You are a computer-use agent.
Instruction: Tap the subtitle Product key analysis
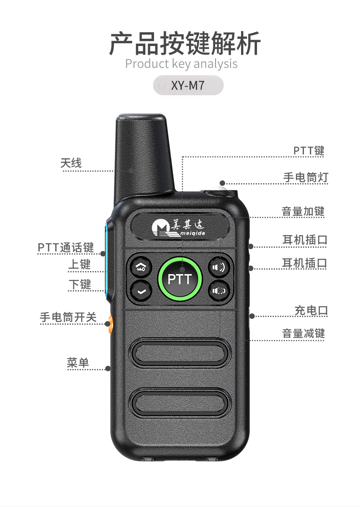tap(181, 64)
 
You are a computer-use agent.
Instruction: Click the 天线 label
tap(71, 163)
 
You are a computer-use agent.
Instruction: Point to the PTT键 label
tap(309, 151)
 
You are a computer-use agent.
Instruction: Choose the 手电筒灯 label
tap(305, 177)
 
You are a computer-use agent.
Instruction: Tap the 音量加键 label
tap(303, 211)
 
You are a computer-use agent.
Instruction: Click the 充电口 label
tap(311, 311)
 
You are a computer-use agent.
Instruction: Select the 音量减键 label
tap(303, 333)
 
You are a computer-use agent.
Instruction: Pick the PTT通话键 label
tap(66, 247)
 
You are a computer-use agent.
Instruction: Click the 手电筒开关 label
tap(68, 317)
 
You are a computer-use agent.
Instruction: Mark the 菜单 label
tap(78, 363)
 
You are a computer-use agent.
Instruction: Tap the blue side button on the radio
tap(108, 260)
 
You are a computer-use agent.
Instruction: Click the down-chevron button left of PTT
tap(141, 290)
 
